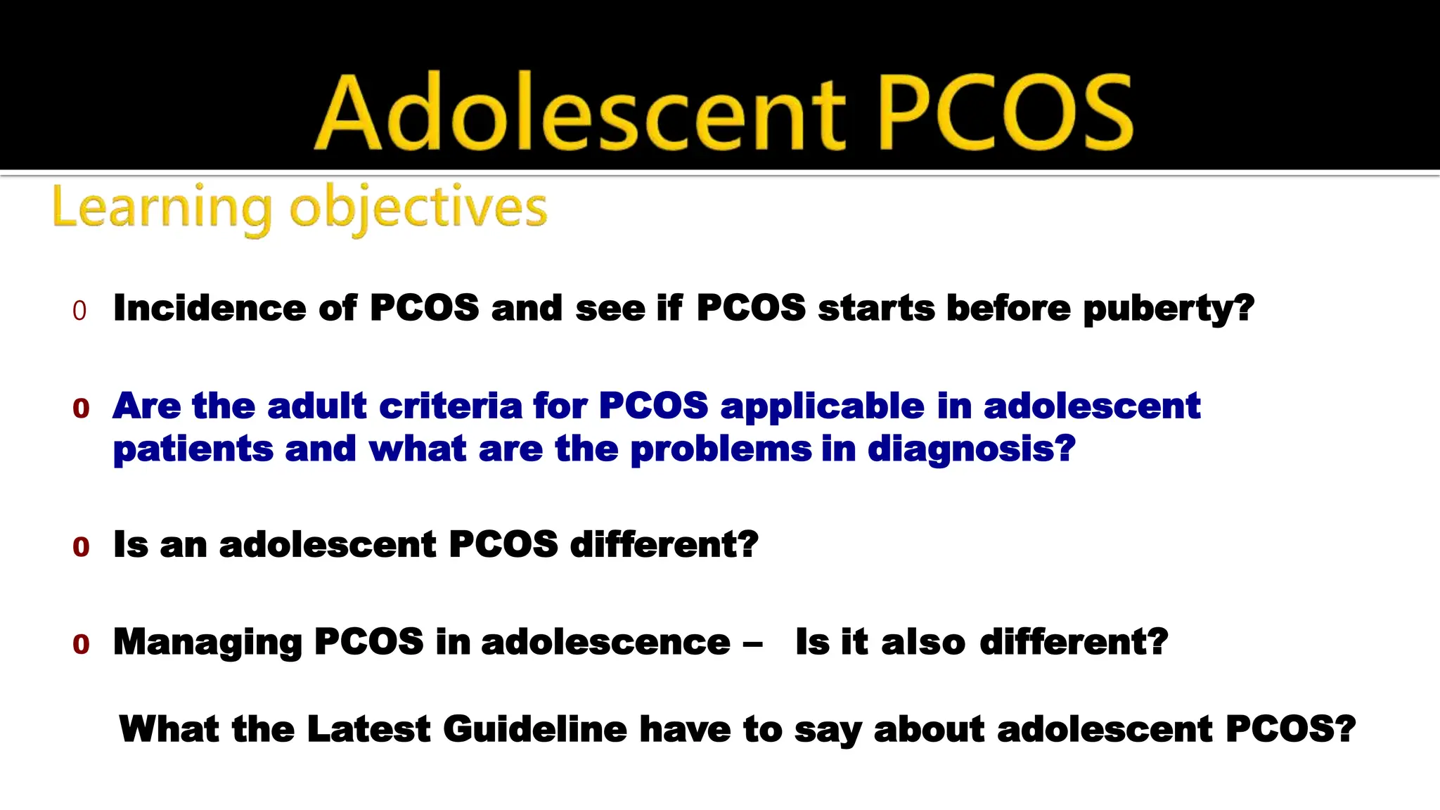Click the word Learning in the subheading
162,208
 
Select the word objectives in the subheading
419,208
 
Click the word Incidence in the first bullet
210,308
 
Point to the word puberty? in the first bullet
1169,309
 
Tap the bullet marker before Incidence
79,311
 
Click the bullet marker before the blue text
81,408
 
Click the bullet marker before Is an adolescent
81,547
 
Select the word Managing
208,643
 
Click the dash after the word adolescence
752,644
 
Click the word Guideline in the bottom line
534,728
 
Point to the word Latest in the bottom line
368,728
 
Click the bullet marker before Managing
81,644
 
